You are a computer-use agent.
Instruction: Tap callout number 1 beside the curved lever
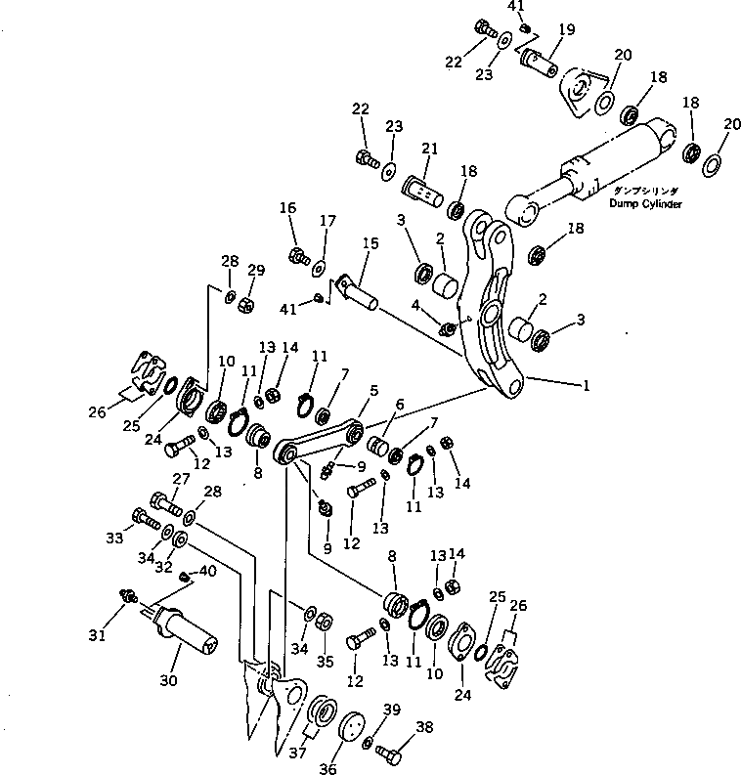(x=587, y=386)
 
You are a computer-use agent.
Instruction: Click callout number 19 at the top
(x=566, y=30)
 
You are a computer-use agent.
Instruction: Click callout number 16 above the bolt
(x=287, y=208)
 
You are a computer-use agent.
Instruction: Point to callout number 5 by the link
(x=373, y=391)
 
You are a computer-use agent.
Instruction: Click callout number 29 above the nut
(x=255, y=270)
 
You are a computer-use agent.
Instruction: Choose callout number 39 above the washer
(x=391, y=708)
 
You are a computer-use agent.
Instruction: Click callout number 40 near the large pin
(x=207, y=572)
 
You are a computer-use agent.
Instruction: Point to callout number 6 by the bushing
(x=398, y=405)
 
